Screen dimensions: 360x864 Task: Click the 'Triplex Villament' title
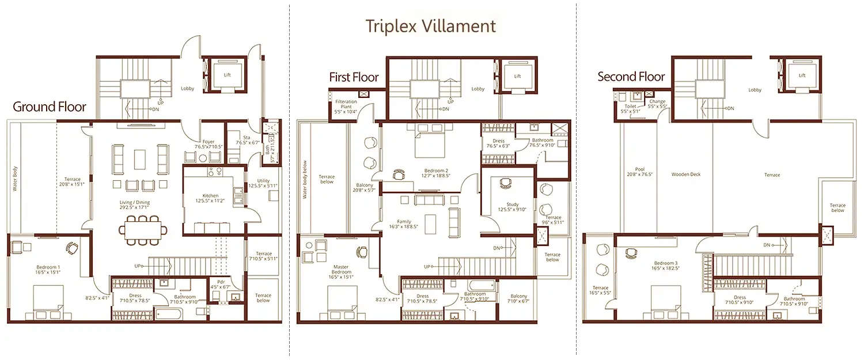coord(431,26)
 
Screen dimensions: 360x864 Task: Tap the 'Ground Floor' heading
coord(50,107)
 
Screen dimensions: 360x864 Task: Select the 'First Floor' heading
coord(354,77)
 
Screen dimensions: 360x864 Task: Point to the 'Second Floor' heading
coord(631,77)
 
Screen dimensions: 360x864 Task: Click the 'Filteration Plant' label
coord(346,104)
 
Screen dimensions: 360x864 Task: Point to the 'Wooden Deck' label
coord(685,174)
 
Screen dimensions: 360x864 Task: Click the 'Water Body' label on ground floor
coord(16,179)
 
